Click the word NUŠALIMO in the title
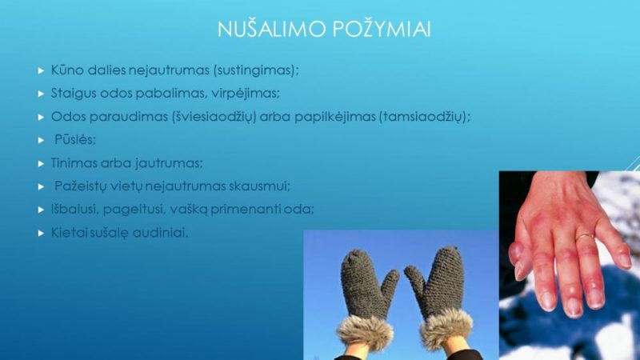[271, 29]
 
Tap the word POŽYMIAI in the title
[382, 29]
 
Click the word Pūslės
[75, 139]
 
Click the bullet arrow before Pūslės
[41, 141]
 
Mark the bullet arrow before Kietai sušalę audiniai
[41, 234]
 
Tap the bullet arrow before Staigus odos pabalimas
[41, 94]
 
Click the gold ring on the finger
[585, 237]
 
